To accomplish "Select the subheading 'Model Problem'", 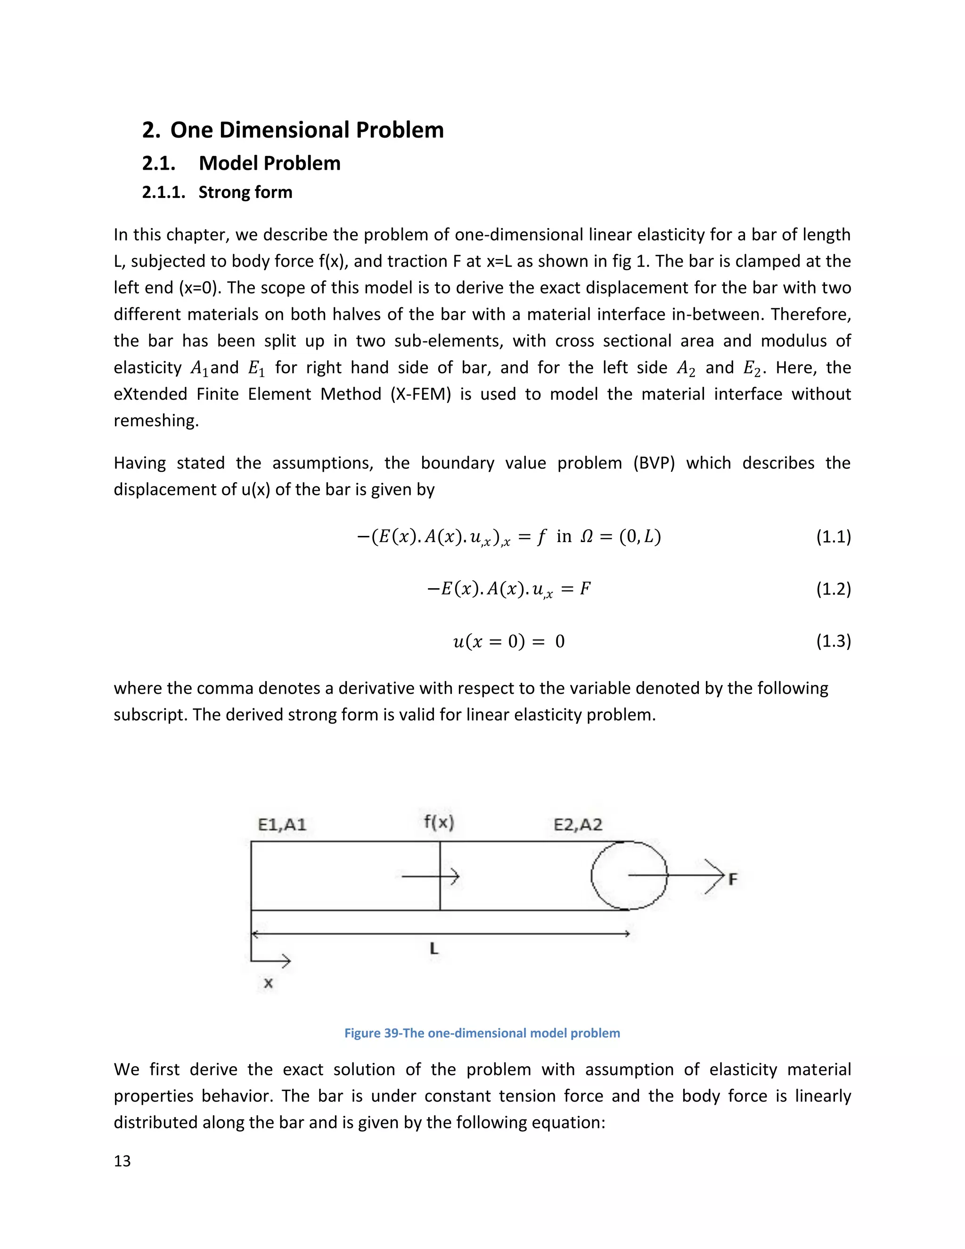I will [269, 164].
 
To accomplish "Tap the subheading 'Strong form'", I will [245, 192].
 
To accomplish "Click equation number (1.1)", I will [833, 536].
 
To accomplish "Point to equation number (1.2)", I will [833, 589].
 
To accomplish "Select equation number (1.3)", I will [833, 641].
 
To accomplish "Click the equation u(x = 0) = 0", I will [508, 641].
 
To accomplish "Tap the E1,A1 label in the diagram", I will [282, 825].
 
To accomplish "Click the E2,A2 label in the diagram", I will [578, 825].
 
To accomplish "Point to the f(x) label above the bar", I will [439, 822].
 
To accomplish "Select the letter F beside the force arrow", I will [732, 879].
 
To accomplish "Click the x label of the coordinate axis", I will [268, 983].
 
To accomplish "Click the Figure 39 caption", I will [482, 1033].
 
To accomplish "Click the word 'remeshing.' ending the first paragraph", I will [156, 421].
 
